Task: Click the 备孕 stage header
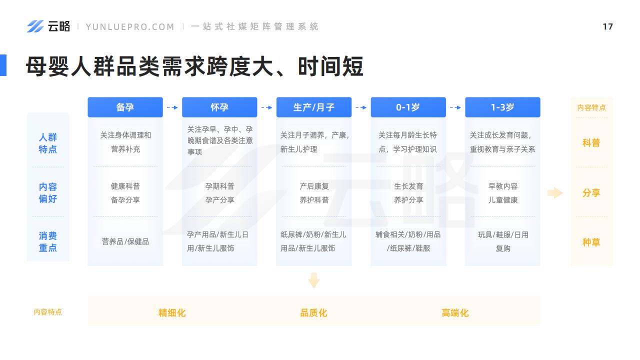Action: click(x=125, y=107)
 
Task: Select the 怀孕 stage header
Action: click(x=219, y=107)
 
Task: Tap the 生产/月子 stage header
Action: click(x=313, y=107)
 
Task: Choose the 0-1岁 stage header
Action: click(x=408, y=107)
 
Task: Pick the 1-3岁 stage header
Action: click(x=502, y=107)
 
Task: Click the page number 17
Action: click(x=607, y=26)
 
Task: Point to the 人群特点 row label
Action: click(x=47, y=143)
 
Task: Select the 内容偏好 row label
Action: click(x=47, y=192)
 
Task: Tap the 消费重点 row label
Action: click(x=47, y=241)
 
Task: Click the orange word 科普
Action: click(x=591, y=143)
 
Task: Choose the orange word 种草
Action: click(x=591, y=242)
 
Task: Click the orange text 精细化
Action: click(x=172, y=313)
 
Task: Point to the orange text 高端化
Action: click(x=455, y=313)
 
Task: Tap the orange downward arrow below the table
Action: click(x=313, y=280)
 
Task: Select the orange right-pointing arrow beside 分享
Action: click(x=555, y=193)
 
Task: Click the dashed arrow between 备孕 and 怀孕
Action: click(x=172, y=107)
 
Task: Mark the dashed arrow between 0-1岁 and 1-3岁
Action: click(x=455, y=107)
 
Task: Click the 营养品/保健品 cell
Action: click(x=125, y=241)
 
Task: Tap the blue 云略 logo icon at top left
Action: click(x=35, y=26)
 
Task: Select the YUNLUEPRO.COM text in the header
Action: click(x=130, y=27)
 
